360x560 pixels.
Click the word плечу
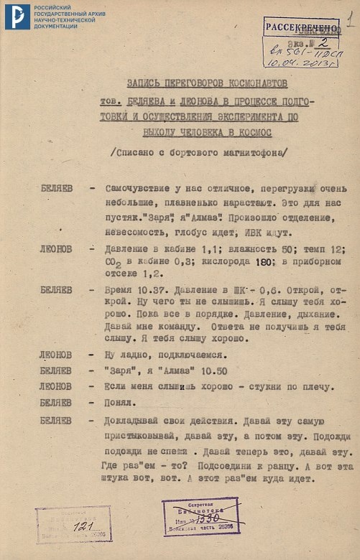[x=304, y=386]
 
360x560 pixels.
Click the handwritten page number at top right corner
[x=349, y=18]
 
